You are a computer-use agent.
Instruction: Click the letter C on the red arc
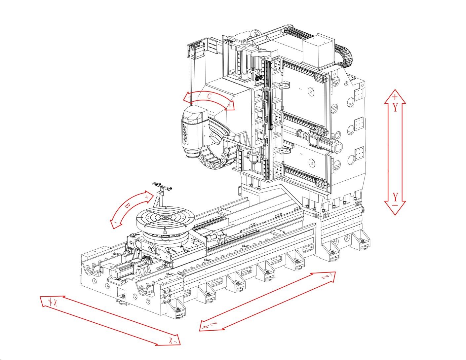pyautogui.click(x=209, y=96)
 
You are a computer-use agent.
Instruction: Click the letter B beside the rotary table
pyautogui.click(x=127, y=206)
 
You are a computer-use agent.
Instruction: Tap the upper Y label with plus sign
pyautogui.click(x=395, y=103)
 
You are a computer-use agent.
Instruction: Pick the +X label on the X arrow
pyautogui.click(x=53, y=302)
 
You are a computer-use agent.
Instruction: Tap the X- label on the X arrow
pyautogui.click(x=173, y=340)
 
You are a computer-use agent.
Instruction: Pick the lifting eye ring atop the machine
pyautogui.click(x=254, y=33)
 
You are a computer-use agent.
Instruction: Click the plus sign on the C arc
pyautogui.click(x=229, y=105)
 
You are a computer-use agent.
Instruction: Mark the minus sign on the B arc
pyautogui.click(x=115, y=223)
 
